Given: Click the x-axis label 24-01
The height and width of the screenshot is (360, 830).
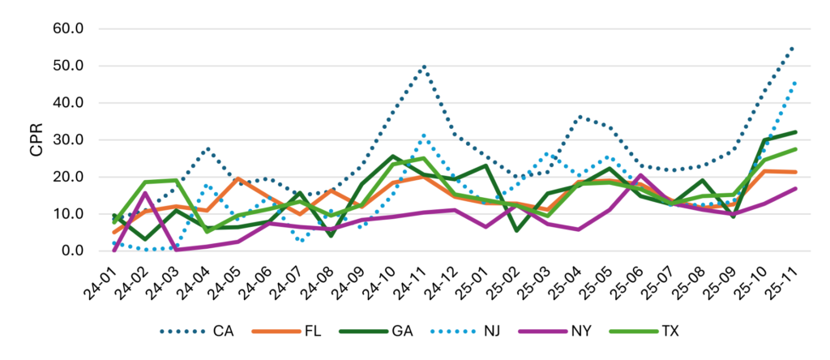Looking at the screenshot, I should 105,279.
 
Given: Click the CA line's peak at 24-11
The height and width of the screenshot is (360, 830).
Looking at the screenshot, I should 424,66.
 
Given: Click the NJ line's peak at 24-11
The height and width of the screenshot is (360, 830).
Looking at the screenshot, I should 424,135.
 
